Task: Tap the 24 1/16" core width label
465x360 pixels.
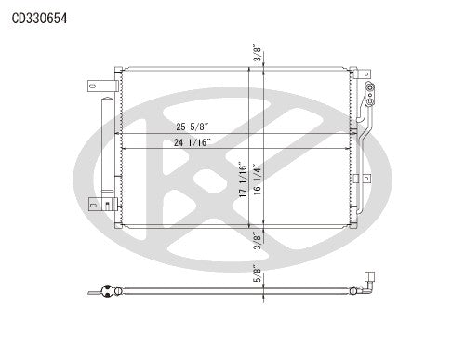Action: [193, 142]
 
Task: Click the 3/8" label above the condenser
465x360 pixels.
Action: [256, 50]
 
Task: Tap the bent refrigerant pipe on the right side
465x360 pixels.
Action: [365, 140]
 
